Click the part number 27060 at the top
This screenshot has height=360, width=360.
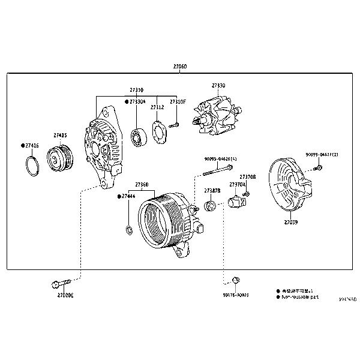click(179, 68)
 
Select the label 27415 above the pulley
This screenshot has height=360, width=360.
click(60, 136)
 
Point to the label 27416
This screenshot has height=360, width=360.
click(31, 145)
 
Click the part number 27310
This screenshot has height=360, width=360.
click(136, 90)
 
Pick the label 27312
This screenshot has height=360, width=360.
click(157, 107)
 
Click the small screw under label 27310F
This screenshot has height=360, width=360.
click(175, 125)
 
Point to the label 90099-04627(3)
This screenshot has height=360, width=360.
click(322, 155)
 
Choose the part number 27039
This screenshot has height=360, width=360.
click(290, 222)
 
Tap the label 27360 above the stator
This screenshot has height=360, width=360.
click(142, 184)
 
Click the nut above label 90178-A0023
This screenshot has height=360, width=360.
click(236, 280)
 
